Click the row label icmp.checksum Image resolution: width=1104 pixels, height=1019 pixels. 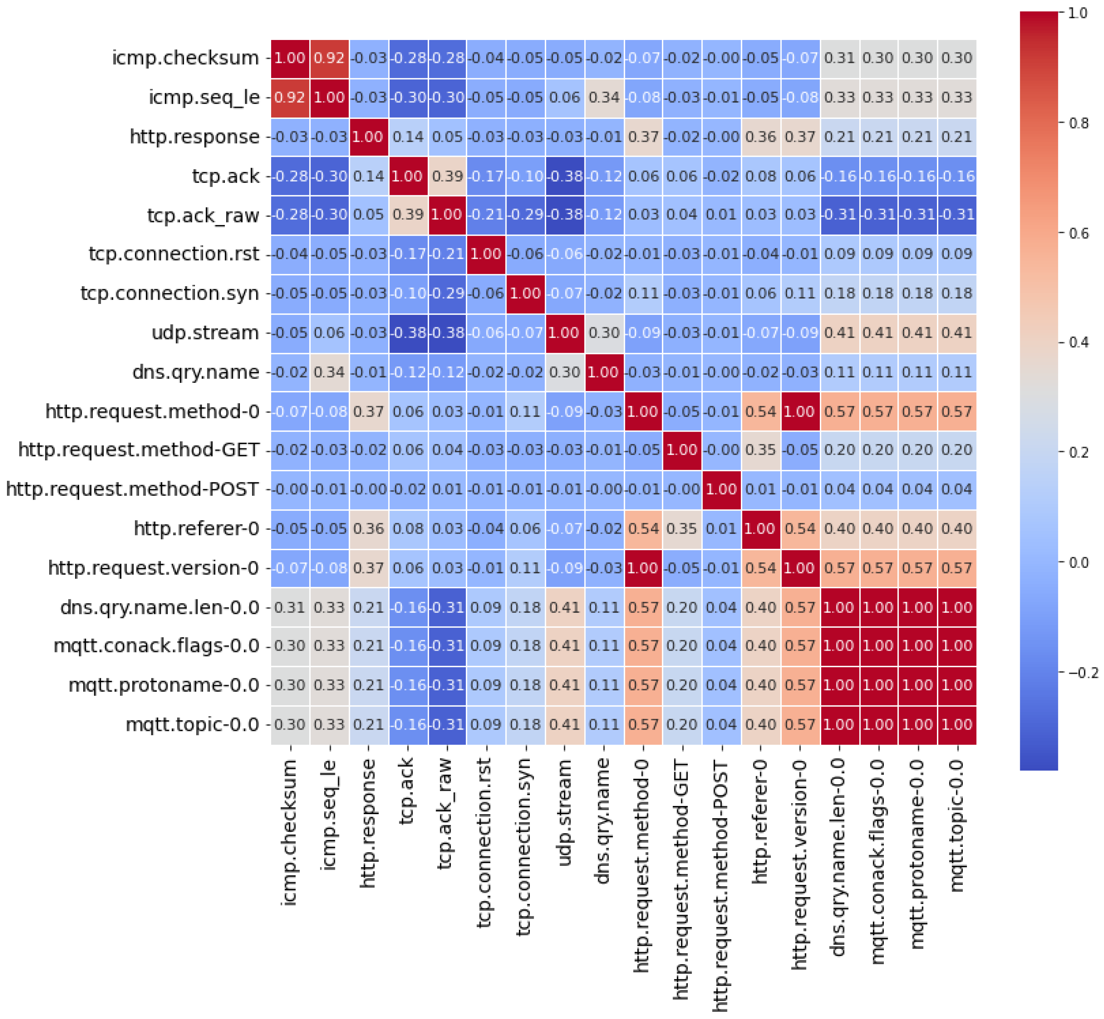pos(185,58)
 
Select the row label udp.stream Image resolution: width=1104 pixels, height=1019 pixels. pos(205,333)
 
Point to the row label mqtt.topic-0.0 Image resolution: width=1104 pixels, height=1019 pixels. pos(193,725)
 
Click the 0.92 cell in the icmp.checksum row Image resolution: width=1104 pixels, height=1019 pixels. pos(330,58)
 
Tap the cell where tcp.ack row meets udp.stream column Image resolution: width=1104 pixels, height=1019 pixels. pos(565,177)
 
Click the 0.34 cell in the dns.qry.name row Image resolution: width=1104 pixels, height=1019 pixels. pos(330,372)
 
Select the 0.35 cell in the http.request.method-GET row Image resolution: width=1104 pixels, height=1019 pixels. pos(760,450)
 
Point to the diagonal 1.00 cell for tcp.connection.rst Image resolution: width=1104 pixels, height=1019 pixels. pos(486,254)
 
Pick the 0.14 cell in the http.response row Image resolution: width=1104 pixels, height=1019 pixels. pos(408,137)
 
